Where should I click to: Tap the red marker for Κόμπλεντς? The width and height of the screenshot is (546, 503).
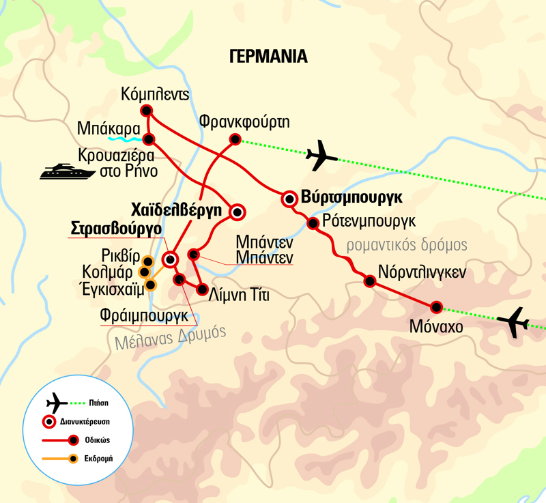coord(145,111)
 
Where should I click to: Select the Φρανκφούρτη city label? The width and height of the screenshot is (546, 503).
coord(244,122)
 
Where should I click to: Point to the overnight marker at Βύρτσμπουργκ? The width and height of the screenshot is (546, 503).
coord(289,199)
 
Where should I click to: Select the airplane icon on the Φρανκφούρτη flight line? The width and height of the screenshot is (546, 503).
coord(321,156)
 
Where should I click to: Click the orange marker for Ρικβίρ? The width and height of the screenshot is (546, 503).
coord(147,260)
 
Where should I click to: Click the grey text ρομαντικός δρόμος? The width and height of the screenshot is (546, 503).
coord(407,245)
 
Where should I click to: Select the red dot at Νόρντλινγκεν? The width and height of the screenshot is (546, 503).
coord(369,281)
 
